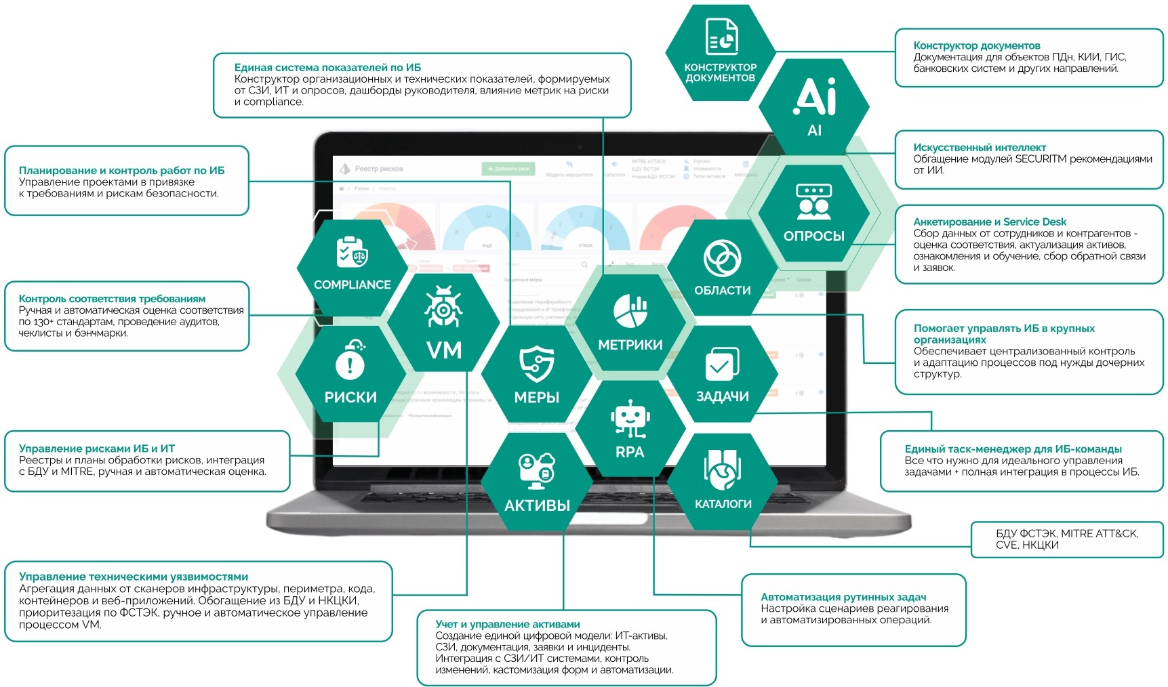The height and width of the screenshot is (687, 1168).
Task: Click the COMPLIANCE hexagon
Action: (x=352, y=268)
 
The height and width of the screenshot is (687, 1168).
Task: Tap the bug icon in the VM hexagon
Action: (x=443, y=308)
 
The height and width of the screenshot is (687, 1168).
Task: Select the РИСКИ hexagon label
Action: (x=350, y=397)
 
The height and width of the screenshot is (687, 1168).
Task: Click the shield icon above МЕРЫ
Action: (x=536, y=362)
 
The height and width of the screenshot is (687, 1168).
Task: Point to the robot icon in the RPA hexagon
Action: (x=630, y=417)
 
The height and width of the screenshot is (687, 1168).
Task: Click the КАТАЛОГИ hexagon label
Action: (x=723, y=504)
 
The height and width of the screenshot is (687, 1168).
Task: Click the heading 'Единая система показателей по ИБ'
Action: (x=327, y=68)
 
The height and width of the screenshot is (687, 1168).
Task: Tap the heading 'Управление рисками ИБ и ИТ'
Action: (x=97, y=449)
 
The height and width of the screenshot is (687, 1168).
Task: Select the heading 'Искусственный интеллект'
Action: (x=980, y=148)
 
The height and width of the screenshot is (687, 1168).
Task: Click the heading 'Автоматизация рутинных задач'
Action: (x=843, y=597)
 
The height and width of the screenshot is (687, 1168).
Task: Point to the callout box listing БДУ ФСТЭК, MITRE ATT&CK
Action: (x=1067, y=539)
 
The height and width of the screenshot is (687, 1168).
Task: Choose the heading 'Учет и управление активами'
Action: (x=508, y=624)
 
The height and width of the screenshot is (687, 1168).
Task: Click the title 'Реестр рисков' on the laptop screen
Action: (x=378, y=169)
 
